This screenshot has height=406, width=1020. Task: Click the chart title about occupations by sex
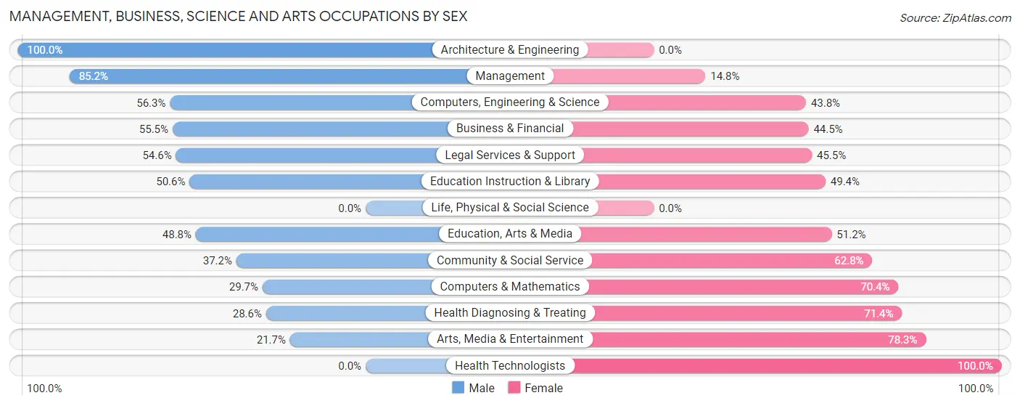238,16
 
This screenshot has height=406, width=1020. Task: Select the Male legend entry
473,388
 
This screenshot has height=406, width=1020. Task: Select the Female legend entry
535,388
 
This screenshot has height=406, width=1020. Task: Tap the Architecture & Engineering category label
510,49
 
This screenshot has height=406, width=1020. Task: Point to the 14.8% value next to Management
724,76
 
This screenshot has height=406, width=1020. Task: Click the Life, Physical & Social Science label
510,208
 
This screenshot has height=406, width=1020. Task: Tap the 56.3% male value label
152,102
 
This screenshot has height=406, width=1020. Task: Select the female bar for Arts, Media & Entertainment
758,339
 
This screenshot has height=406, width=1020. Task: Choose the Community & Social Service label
510,260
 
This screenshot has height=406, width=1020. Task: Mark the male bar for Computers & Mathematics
348,287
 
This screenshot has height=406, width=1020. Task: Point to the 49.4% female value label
844,182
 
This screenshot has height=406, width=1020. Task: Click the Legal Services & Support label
510,155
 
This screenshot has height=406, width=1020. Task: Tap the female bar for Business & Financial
689,129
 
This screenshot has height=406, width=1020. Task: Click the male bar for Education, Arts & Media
319,234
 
